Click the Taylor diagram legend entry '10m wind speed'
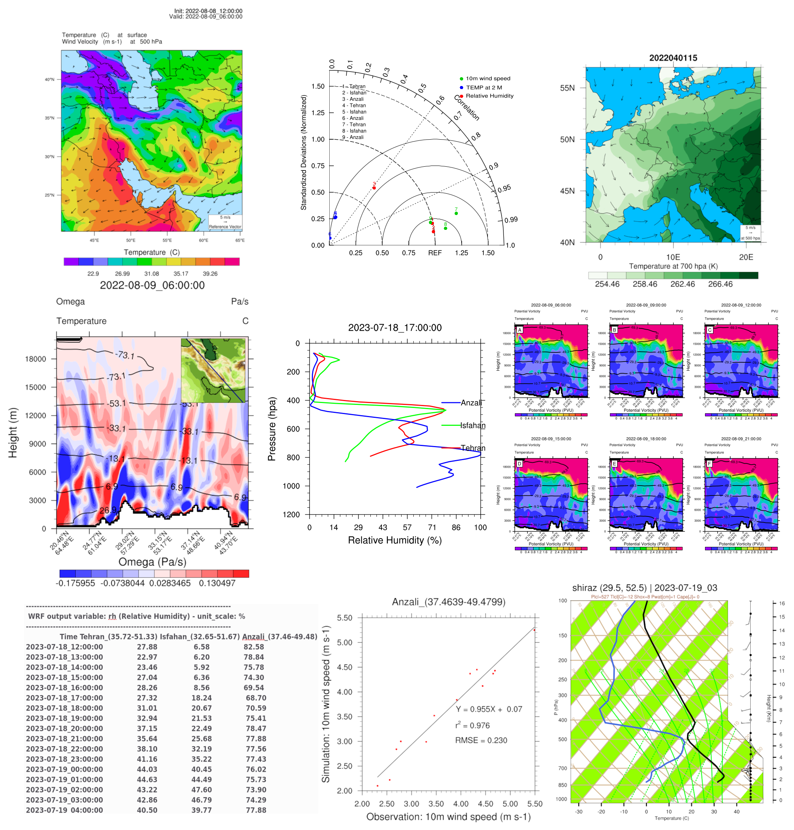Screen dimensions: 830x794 pyautogui.click(x=488, y=78)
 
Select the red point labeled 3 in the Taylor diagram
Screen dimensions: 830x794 pyautogui.click(x=374, y=188)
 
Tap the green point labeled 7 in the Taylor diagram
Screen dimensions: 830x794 pyautogui.click(x=456, y=213)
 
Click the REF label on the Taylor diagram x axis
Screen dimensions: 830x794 pyautogui.click(x=435, y=253)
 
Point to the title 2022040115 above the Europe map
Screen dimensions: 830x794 pyautogui.click(x=673, y=57)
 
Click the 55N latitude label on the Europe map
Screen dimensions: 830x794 pyautogui.click(x=567, y=88)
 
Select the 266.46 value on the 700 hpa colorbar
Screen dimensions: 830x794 pyautogui.click(x=720, y=284)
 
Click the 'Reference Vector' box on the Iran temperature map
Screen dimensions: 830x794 pyautogui.click(x=225, y=222)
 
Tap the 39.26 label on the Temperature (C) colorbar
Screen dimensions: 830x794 pyautogui.click(x=210, y=274)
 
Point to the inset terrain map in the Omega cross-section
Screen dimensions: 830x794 pyautogui.click(x=213, y=370)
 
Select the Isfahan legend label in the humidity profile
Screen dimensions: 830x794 pyautogui.click(x=473, y=425)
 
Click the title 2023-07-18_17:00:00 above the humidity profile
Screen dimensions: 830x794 pyautogui.click(x=394, y=327)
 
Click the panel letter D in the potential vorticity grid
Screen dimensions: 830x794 pyautogui.click(x=519, y=464)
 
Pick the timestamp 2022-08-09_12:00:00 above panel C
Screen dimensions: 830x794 pyautogui.click(x=741, y=305)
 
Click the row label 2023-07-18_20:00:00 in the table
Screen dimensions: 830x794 pyautogui.click(x=64, y=728)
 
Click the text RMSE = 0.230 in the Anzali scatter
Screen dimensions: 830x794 pyautogui.click(x=481, y=740)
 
